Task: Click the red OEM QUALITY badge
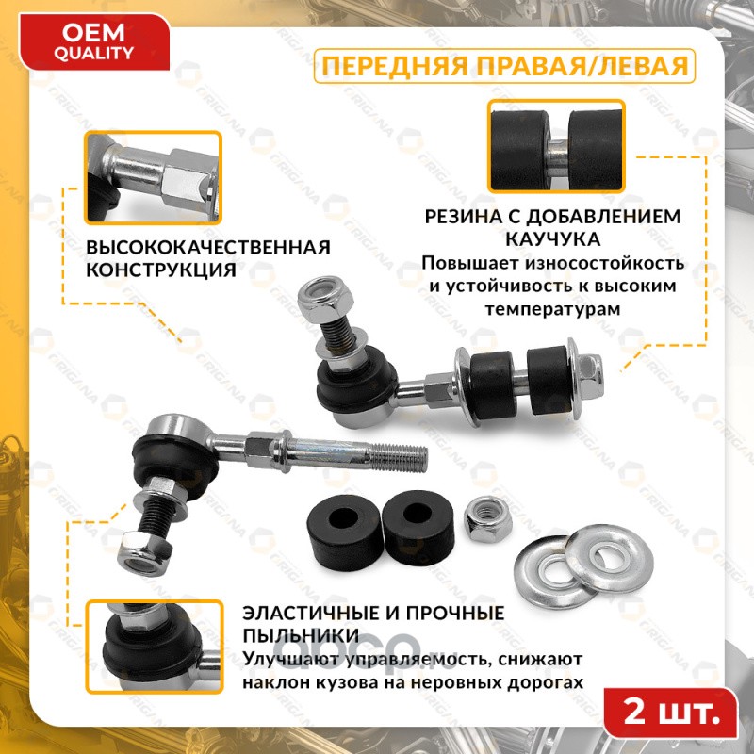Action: click(94, 42)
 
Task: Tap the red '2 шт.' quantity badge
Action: click(671, 713)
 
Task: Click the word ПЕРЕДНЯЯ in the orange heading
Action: click(394, 66)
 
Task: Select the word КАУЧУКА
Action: click(552, 239)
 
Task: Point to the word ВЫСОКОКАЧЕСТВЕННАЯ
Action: click(208, 247)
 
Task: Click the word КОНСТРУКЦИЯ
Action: click(161, 270)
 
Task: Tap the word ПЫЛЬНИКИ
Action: click(301, 635)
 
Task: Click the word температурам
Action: click(552, 309)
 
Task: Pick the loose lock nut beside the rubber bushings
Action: click(487, 518)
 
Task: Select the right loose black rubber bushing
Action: click(418, 527)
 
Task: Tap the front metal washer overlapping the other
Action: click(609, 558)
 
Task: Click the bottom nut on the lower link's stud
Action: click(144, 553)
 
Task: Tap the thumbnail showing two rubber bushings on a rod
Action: click(556, 146)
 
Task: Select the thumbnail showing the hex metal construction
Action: click(153, 177)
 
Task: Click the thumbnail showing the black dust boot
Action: click(154, 647)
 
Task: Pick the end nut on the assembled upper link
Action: click(590, 378)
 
